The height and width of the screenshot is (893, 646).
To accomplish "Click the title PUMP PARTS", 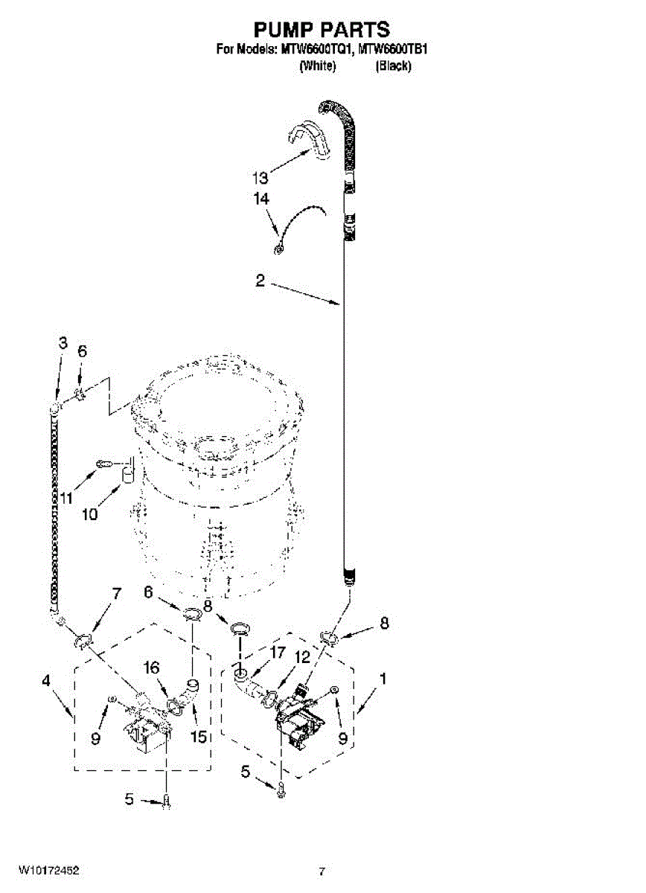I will click(x=322, y=29).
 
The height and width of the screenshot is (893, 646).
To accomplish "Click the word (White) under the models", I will click(x=317, y=66).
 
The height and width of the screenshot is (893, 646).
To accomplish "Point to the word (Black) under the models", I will click(x=393, y=66).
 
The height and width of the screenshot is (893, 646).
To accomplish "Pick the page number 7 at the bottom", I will click(x=322, y=870).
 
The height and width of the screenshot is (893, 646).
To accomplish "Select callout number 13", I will click(x=259, y=178).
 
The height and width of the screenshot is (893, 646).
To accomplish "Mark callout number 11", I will click(x=67, y=498).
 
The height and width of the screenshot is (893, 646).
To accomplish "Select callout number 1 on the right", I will click(x=383, y=679).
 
